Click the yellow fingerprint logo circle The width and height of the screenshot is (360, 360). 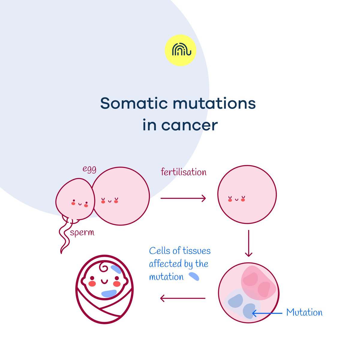pos(180,50)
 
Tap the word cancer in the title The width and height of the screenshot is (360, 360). pos(189,125)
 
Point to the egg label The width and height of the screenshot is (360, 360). pos(89,169)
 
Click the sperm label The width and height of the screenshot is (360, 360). pos(82,233)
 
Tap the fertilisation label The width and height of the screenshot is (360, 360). pos(184,172)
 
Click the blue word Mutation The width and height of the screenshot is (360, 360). pos(304,313)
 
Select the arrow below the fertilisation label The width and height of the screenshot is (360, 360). pos(183,198)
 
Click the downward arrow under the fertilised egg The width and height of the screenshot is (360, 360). pos(248,243)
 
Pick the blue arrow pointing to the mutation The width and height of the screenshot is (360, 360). pos(267,313)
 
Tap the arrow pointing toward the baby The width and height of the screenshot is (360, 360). pos(183,298)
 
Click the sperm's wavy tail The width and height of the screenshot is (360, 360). pos(64,237)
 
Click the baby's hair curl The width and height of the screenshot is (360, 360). pos(104,268)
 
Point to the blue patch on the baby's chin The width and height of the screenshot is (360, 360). pos(109,293)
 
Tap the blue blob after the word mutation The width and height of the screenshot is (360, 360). pos(194,276)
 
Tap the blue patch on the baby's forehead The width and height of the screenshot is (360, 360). pos(116,269)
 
